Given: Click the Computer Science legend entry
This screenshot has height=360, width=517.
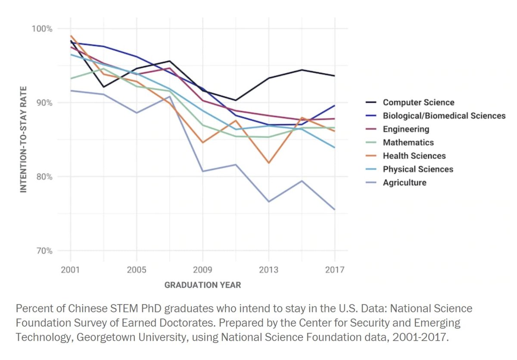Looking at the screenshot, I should point(418,103).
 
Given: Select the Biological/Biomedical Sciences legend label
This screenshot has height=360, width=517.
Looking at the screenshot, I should point(444,116).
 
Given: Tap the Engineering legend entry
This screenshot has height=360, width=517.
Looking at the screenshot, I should point(406,129).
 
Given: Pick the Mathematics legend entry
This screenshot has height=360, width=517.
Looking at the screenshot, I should point(408,143).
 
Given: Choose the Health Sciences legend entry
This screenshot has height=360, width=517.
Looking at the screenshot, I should point(414,156).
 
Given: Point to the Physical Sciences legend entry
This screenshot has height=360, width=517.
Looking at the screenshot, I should point(418,169).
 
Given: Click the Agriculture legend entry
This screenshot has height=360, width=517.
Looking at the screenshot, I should point(405,183).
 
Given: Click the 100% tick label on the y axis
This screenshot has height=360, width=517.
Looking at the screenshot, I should point(42,29).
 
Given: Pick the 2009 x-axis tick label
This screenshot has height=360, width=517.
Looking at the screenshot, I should point(202,270).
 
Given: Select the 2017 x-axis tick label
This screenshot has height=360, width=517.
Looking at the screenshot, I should point(335,270).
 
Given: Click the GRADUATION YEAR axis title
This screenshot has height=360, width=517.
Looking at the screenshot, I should point(202,285).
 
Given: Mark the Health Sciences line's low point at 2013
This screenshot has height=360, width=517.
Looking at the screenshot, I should point(268,163).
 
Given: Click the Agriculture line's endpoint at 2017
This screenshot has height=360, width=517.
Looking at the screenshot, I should point(335,210).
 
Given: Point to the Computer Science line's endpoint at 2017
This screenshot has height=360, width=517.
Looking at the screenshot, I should point(335,76).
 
